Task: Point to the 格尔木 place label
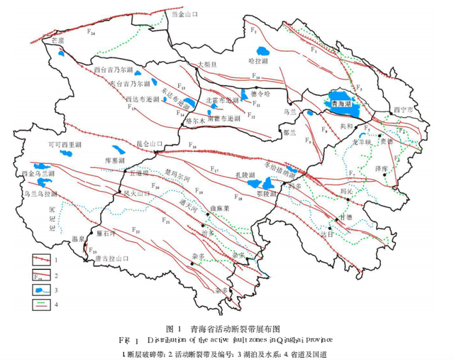(x=194, y=121)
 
